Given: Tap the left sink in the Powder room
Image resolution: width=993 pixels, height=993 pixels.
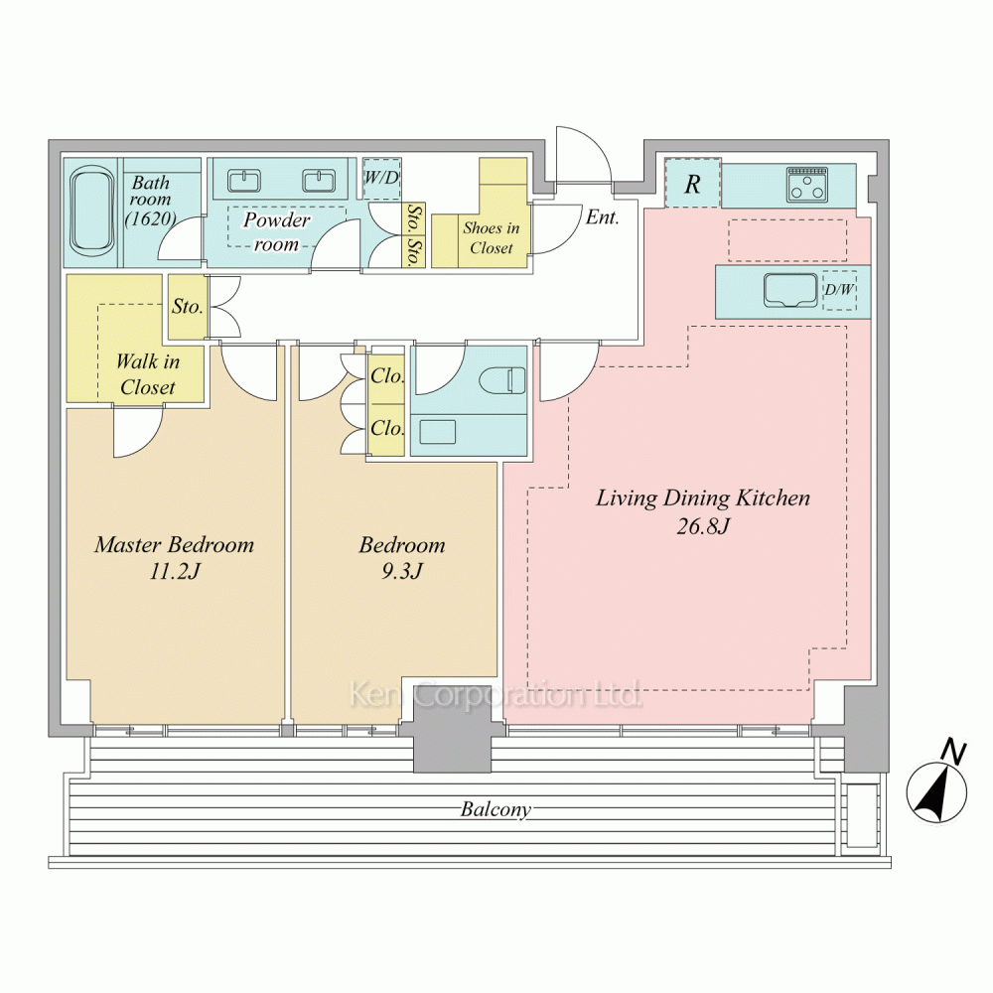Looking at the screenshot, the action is [x=244, y=181].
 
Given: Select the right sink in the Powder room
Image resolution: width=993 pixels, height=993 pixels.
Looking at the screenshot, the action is [x=319, y=181].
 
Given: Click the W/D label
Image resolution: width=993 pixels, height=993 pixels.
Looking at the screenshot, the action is [x=381, y=178].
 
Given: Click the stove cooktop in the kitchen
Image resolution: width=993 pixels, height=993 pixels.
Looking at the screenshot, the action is [x=806, y=185].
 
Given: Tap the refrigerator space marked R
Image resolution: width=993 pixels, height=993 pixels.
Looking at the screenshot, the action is [x=692, y=185].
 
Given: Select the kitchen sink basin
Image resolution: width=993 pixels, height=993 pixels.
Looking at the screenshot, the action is [x=789, y=291].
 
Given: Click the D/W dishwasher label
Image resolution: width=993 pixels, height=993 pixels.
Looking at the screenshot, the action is [x=839, y=290].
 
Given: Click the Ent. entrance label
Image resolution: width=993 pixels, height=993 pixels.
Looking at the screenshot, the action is [x=603, y=217].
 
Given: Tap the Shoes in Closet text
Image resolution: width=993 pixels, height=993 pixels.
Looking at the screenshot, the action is [x=492, y=237].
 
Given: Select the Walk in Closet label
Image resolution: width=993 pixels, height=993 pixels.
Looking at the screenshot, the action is [x=148, y=374].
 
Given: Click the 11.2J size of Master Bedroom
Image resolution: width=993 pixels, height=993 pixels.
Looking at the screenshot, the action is [x=175, y=572].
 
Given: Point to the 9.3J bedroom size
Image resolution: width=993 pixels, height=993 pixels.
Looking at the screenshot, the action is [x=401, y=572].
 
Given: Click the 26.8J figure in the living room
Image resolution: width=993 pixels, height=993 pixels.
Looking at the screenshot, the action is [x=703, y=526].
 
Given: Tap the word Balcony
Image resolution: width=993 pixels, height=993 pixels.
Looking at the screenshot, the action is [x=496, y=809].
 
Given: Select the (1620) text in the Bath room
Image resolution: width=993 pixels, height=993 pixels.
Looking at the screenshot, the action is [x=150, y=218].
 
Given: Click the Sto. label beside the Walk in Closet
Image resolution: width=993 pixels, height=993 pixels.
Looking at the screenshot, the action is [x=188, y=307].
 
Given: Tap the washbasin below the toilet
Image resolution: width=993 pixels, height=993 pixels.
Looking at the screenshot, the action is [x=438, y=432].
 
